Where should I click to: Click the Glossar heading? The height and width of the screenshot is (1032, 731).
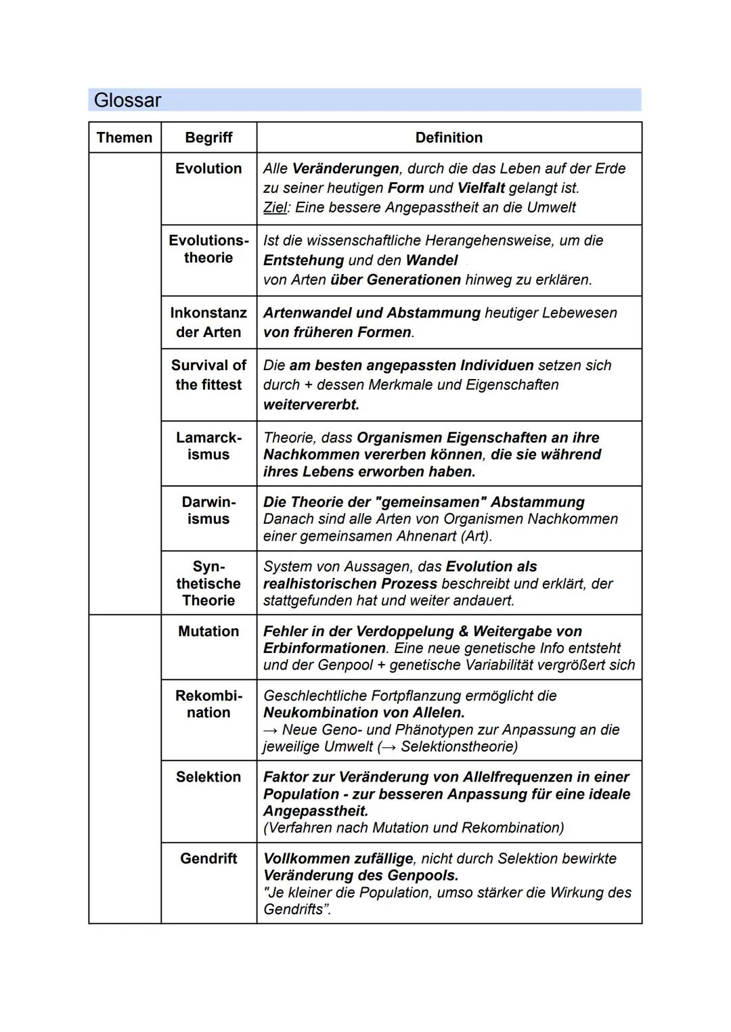click(127, 100)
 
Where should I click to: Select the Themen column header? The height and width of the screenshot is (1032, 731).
click(125, 137)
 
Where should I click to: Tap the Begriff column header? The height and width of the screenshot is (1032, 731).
click(208, 137)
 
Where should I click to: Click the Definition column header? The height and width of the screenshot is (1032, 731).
click(449, 137)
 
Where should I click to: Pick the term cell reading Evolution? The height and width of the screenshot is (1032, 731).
click(208, 169)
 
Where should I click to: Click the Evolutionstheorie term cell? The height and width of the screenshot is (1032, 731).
click(208, 249)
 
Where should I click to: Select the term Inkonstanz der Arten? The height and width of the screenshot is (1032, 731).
click(208, 322)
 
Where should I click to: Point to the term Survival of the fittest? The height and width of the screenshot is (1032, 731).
click(208, 375)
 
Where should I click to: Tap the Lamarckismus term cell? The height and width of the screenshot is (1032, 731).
click(208, 446)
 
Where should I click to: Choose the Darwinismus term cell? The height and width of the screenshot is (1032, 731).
click(208, 510)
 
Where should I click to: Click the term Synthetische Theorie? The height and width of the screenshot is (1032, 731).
click(208, 583)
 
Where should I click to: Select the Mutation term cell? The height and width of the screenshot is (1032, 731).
click(208, 631)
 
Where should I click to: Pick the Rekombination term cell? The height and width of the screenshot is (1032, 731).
click(208, 704)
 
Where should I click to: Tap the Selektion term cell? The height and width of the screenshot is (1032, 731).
click(208, 777)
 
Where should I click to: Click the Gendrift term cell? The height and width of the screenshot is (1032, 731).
click(208, 858)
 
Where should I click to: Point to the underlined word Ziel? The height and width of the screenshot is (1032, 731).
click(275, 208)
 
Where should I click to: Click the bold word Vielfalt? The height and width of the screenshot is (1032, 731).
click(481, 188)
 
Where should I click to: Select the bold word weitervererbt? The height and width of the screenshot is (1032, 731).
click(311, 405)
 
